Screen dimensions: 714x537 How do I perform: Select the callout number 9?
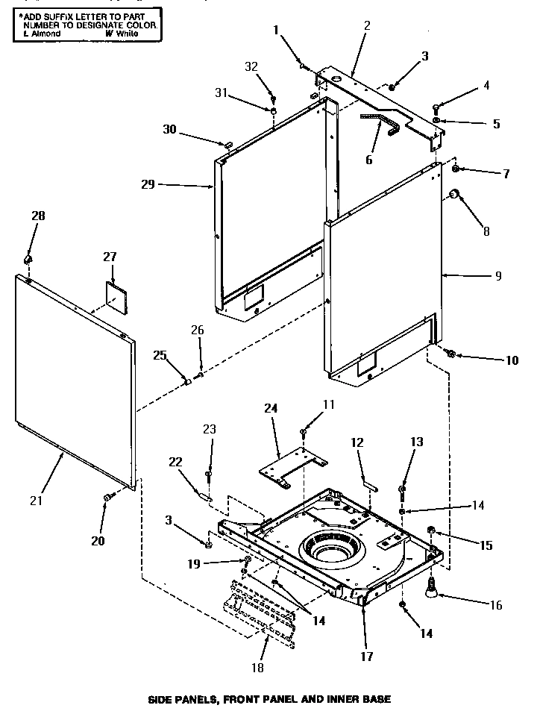[x=497, y=276]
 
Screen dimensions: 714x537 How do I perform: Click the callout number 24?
[x=271, y=408]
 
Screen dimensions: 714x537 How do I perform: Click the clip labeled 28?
[x=29, y=259]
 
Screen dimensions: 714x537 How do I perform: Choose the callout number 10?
[x=511, y=360]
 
